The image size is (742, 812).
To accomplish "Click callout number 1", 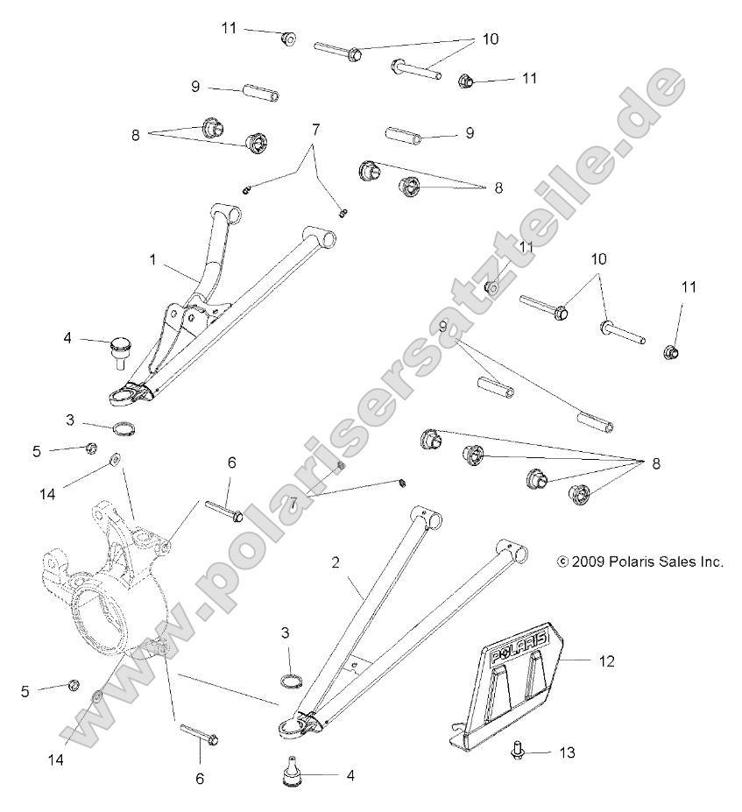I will click(x=152, y=260).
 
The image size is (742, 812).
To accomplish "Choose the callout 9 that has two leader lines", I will click(x=443, y=327).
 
